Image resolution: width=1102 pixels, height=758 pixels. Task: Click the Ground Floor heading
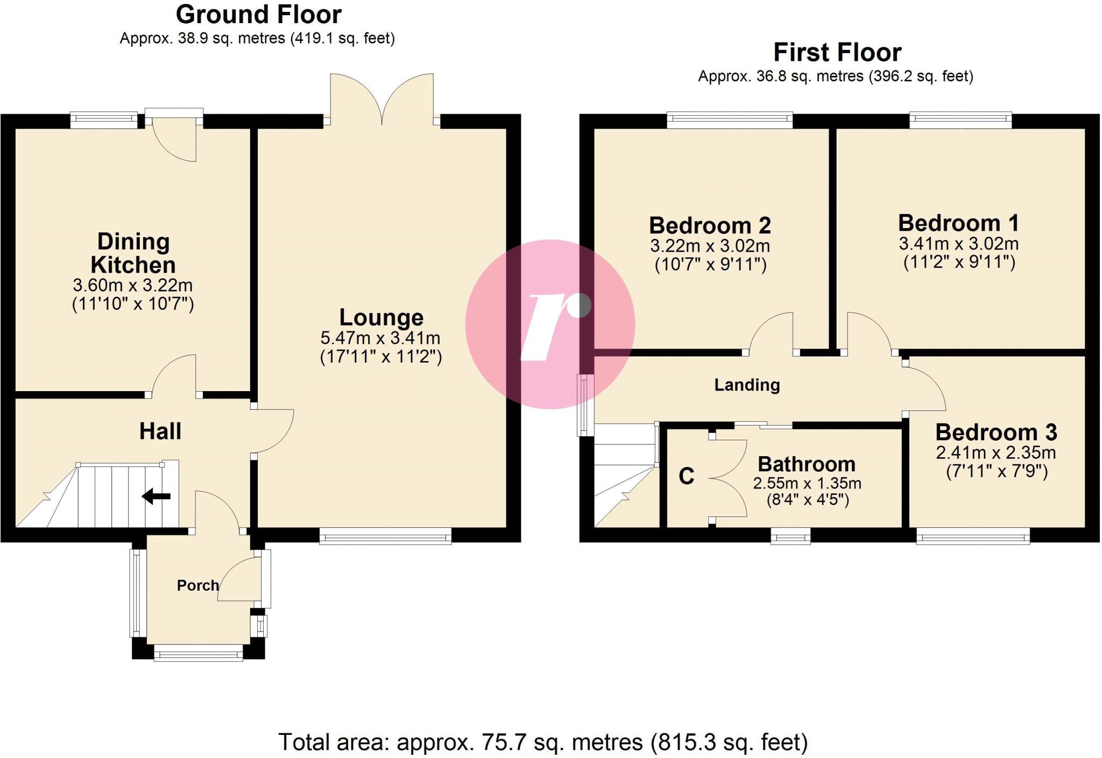pyautogui.click(x=258, y=15)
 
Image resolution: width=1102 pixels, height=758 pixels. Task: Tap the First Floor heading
pyautogui.click(x=837, y=53)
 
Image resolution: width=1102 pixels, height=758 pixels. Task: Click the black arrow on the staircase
pyautogui.click(x=157, y=497)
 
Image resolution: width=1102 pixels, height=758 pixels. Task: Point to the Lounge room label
pyautogui.click(x=381, y=317)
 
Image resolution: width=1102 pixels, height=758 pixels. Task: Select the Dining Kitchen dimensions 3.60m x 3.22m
pyautogui.click(x=133, y=285)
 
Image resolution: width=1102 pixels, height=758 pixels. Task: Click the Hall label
pyautogui.click(x=160, y=431)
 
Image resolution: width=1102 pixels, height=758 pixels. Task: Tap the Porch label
pyautogui.click(x=197, y=585)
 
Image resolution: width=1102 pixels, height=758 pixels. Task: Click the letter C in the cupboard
pyautogui.click(x=686, y=476)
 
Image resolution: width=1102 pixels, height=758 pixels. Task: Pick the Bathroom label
pyautogui.click(x=806, y=464)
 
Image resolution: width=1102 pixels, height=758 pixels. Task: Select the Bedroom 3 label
pyautogui.click(x=996, y=433)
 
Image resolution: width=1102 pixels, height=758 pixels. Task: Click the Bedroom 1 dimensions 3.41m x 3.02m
pyautogui.click(x=958, y=244)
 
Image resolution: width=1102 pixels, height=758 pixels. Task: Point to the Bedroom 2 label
pyautogui.click(x=710, y=225)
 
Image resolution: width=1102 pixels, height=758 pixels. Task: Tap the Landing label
pyautogui.click(x=746, y=385)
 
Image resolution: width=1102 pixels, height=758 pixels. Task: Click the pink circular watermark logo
pyautogui.click(x=550, y=324)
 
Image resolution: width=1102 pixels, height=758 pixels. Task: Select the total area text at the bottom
pyautogui.click(x=543, y=742)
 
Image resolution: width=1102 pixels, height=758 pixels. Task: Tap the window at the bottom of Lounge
pyautogui.click(x=385, y=536)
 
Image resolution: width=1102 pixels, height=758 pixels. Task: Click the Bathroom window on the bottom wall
pyautogui.click(x=790, y=536)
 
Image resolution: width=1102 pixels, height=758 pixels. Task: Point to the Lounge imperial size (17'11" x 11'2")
pyautogui.click(x=381, y=357)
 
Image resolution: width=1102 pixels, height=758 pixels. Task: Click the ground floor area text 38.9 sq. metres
pyautogui.click(x=257, y=39)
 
